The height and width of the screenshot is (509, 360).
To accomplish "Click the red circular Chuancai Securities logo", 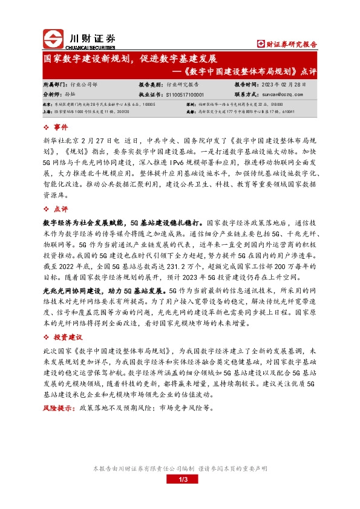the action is (53, 39).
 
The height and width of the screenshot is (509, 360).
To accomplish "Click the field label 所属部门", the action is (53, 86).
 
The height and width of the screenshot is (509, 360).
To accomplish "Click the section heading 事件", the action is (62, 128).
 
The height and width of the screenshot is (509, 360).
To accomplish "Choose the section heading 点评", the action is (62, 209).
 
